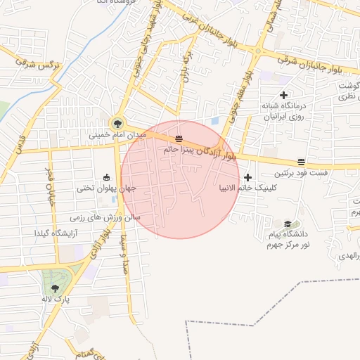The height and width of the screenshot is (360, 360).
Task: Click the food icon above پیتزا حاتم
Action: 179,139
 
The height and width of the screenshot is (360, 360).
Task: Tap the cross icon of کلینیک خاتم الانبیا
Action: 247,177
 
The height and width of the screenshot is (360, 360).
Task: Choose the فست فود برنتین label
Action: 301,173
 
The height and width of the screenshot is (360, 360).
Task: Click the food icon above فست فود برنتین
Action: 301,162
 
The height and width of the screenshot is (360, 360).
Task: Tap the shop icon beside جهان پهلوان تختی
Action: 106,177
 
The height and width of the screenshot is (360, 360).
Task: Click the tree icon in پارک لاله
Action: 55,288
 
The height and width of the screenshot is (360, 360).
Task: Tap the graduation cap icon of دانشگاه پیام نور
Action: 286,222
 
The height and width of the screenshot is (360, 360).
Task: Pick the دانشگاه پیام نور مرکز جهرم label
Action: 286,239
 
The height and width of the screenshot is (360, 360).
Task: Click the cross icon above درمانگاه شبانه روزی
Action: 283,95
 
